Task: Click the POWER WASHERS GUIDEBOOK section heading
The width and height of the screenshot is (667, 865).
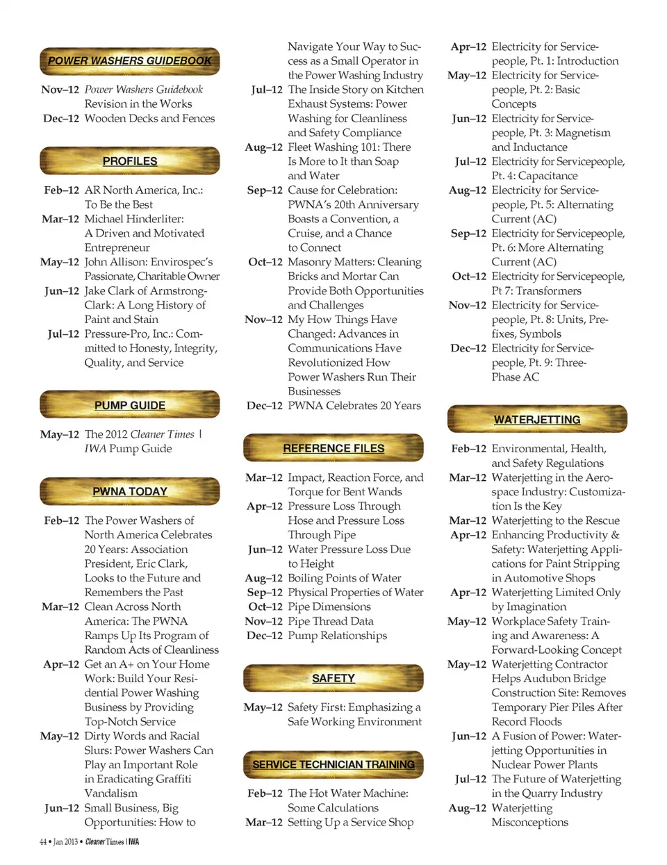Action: pyautogui.click(x=130, y=61)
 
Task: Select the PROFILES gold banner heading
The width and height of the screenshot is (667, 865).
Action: pyautogui.click(x=130, y=161)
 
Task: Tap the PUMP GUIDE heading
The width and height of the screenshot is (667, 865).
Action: pyautogui.click(x=130, y=406)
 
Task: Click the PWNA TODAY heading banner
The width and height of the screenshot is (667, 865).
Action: pyautogui.click(x=130, y=492)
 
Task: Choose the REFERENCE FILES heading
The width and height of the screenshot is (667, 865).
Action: pyautogui.click(x=333, y=449)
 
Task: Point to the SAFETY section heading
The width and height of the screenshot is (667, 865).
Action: pyautogui.click(x=333, y=678)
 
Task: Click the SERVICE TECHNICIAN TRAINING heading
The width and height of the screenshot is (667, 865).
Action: pyautogui.click(x=333, y=764)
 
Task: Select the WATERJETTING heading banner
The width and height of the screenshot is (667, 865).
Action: pyautogui.click(x=537, y=420)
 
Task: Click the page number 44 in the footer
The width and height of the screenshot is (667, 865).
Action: pyautogui.click(x=43, y=842)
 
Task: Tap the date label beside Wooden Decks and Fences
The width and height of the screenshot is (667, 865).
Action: pyautogui.click(x=61, y=119)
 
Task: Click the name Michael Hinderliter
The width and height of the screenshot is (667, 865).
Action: pyautogui.click(x=134, y=219)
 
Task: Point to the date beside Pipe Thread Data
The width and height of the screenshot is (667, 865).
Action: pyautogui.click(x=264, y=621)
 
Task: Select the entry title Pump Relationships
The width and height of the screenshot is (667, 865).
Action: pyautogui.click(x=338, y=636)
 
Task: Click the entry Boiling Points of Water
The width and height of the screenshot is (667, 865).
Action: pyautogui.click(x=345, y=578)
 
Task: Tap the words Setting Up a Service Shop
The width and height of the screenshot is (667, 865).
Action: pyautogui.click(x=351, y=823)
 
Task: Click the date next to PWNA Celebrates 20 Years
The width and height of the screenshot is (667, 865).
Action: pyautogui.click(x=265, y=406)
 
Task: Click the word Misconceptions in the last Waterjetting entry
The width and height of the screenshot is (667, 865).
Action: pyautogui.click(x=529, y=823)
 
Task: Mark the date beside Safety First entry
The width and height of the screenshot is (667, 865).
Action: pyautogui.click(x=263, y=707)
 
